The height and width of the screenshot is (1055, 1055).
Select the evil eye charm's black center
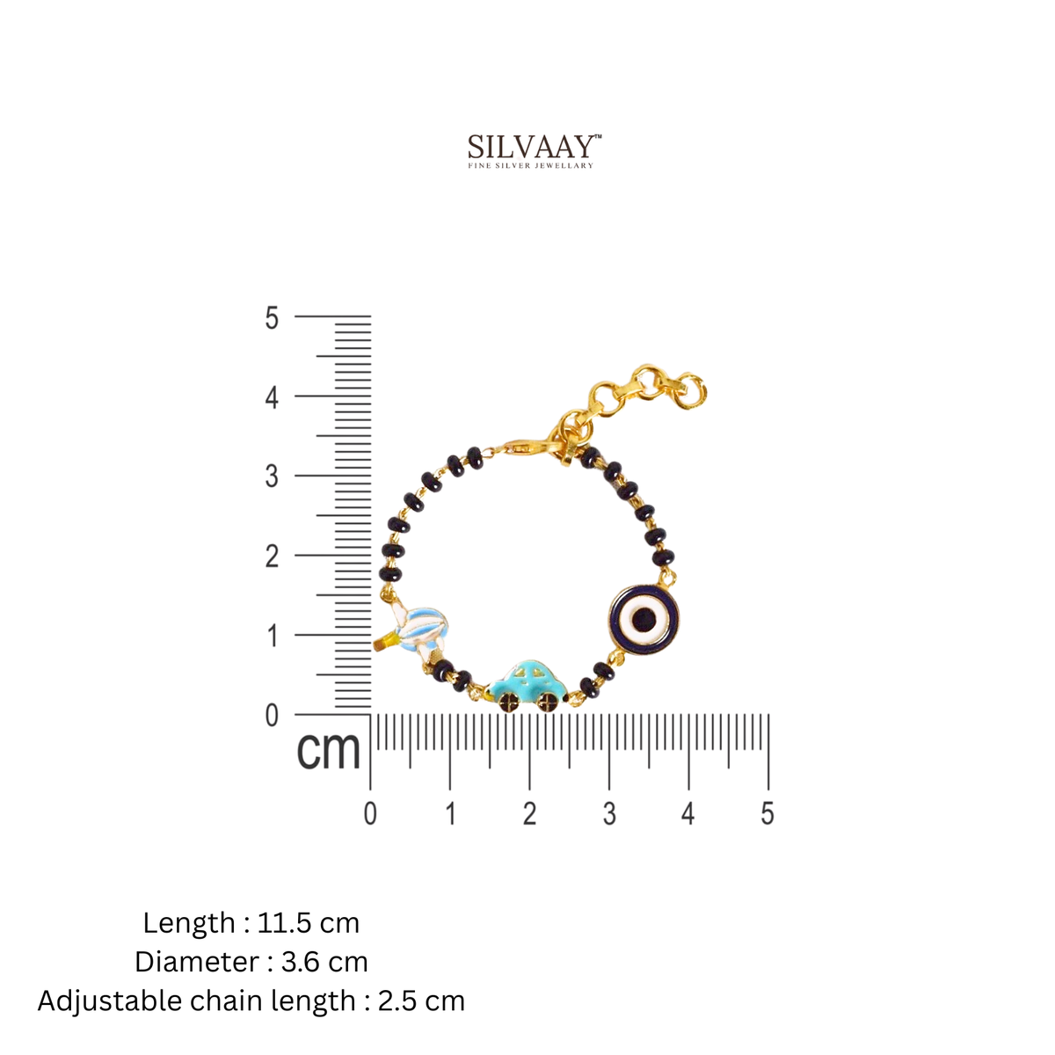coord(643,619)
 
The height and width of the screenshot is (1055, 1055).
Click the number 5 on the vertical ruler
coord(272,317)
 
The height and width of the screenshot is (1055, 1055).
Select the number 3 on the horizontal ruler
coord(608,814)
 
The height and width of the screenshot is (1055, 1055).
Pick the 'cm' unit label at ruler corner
coord(328,750)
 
